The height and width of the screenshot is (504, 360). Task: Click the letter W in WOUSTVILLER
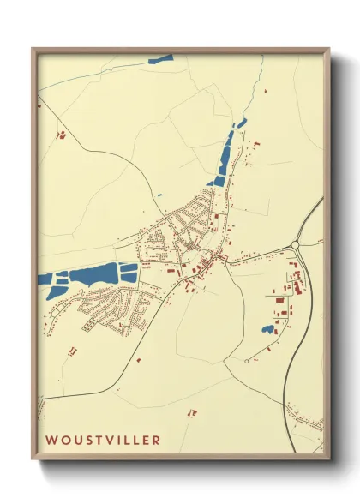[x=51, y=440]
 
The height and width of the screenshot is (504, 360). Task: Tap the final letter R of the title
[x=155, y=440]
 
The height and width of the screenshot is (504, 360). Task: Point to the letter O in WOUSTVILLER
[x=64, y=440]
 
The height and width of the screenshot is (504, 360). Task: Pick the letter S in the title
[x=87, y=440]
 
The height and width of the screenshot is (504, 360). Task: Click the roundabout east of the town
[x=296, y=245]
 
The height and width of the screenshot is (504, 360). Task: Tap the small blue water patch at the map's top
[x=160, y=60]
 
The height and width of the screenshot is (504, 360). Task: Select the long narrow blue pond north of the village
[x=225, y=159]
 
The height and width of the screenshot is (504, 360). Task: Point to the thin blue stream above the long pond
[x=248, y=94]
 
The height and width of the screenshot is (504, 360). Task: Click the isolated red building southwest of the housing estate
[x=72, y=351]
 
